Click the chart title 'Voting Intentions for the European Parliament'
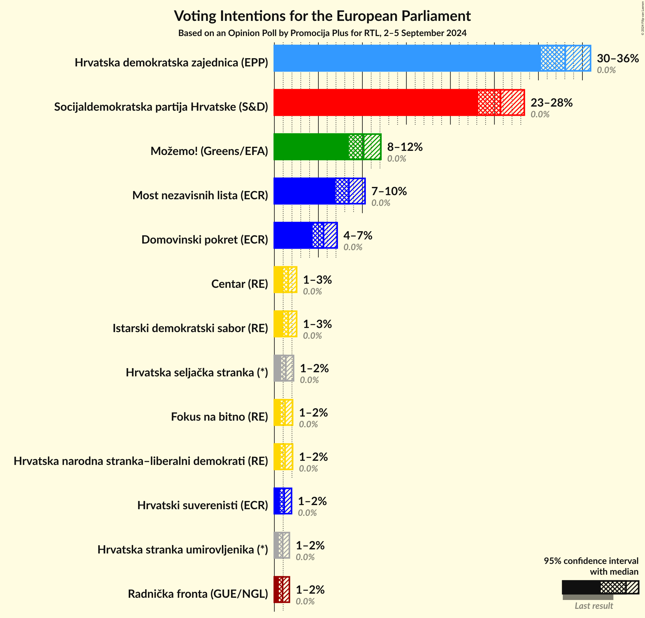[x=322, y=16]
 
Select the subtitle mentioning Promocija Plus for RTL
[x=322, y=33]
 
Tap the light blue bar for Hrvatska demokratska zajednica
[x=407, y=58]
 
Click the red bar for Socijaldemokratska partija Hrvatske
[x=375, y=102]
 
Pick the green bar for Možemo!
[x=311, y=147]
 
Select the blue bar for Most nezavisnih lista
[x=304, y=191]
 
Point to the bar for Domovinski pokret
[x=293, y=235]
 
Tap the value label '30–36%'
[x=618, y=58]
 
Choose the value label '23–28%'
[x=551, y=103]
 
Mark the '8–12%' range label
[x=405, y=147]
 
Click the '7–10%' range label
[x=389, y=191]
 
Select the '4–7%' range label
[x=358, y=235]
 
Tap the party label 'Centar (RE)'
[x=240, y=284]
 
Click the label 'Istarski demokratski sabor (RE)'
[x=190, y=328]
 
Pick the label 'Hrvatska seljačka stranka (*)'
[x=197, y=372]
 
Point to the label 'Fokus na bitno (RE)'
[x=219, y=417]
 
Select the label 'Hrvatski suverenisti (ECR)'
[x=203, y=505]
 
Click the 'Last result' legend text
[x=594, y=606]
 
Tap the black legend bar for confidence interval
[x=581, y=587]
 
